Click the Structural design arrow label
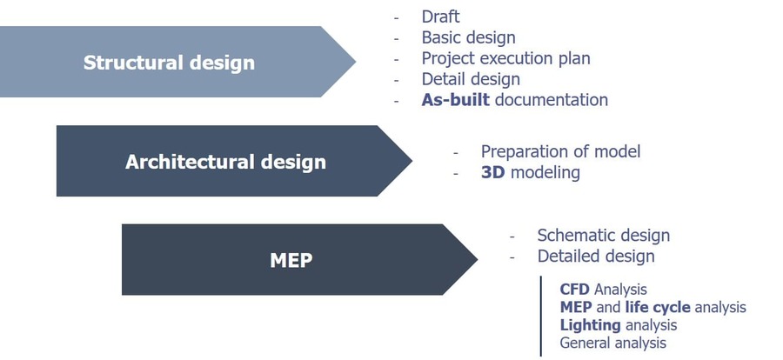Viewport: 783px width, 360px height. click(169, 63)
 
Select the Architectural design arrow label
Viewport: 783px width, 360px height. click(225, 162)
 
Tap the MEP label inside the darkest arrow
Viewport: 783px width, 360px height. click(291, 260)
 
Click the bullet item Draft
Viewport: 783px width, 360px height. click(440, 17)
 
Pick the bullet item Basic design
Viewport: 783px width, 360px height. click(468, 37)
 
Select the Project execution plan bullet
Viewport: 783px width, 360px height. click(505, 58)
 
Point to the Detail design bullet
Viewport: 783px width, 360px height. click(470, 79)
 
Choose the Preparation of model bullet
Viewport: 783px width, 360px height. click(560, 151)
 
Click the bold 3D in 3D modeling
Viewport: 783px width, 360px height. click(493, 172)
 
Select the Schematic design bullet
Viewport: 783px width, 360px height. click(603, 236)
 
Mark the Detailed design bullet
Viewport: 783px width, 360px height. click(595, 257)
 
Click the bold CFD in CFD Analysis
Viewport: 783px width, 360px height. click(575, 289)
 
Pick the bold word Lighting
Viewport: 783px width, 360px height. click(590, 325)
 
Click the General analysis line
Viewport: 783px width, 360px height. click(612, 343)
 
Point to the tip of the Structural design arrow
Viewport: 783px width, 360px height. click(354, 62)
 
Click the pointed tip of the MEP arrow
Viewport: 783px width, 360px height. click(476, 260)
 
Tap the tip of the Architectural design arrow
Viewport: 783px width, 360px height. click(411, 161)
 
